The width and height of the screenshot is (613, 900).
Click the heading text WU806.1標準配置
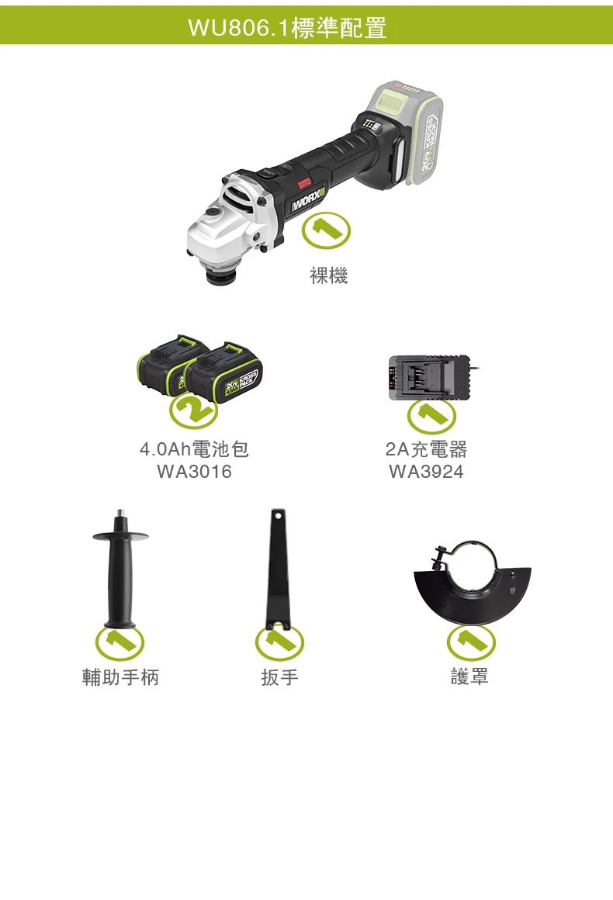287,27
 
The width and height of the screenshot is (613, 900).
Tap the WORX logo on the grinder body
307,198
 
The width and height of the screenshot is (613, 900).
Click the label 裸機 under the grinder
329,275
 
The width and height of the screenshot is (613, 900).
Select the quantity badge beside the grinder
326,230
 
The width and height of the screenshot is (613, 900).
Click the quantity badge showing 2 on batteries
193,410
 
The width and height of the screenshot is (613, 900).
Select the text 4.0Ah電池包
194,449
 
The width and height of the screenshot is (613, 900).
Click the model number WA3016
194,472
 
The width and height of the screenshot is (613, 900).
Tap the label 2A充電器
426,449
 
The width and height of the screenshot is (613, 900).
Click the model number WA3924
426,472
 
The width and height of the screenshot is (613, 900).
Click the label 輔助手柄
120,677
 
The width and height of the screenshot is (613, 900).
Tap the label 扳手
279,677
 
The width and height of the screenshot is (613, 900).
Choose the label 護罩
469,677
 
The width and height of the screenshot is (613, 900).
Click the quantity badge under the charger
431,416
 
